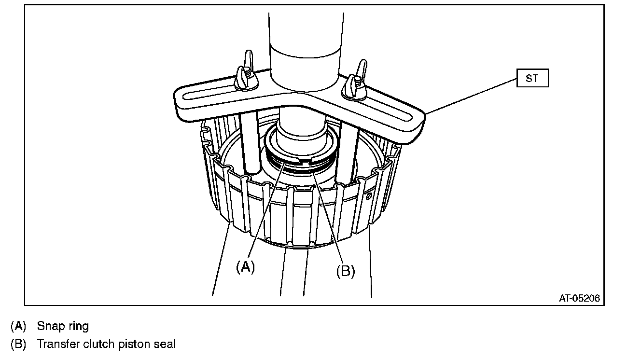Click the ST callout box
[x=532, y=78]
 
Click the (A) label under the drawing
[x=245, y=267]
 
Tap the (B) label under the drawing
[x=345, y=271]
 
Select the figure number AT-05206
[x=579, y=299]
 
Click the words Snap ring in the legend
[x=63, y=326]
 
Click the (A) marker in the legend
[x=18, y=326]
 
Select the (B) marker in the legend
[x=18, y=344]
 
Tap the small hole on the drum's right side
[x=369, y=196]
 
